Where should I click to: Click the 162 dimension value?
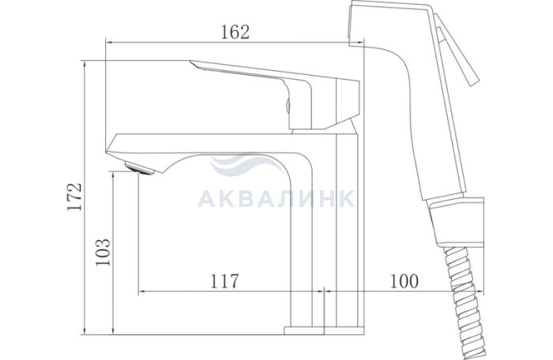pos(235,32)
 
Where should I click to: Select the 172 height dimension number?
pos(75,197)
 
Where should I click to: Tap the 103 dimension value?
pos(103,253)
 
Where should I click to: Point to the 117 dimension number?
pos(224,281)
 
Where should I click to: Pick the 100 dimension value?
pos(404,281)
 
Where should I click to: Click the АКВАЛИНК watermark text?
pos(276,199)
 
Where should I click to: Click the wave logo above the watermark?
pos(246,164)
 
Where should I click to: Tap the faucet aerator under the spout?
pos(140,168)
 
